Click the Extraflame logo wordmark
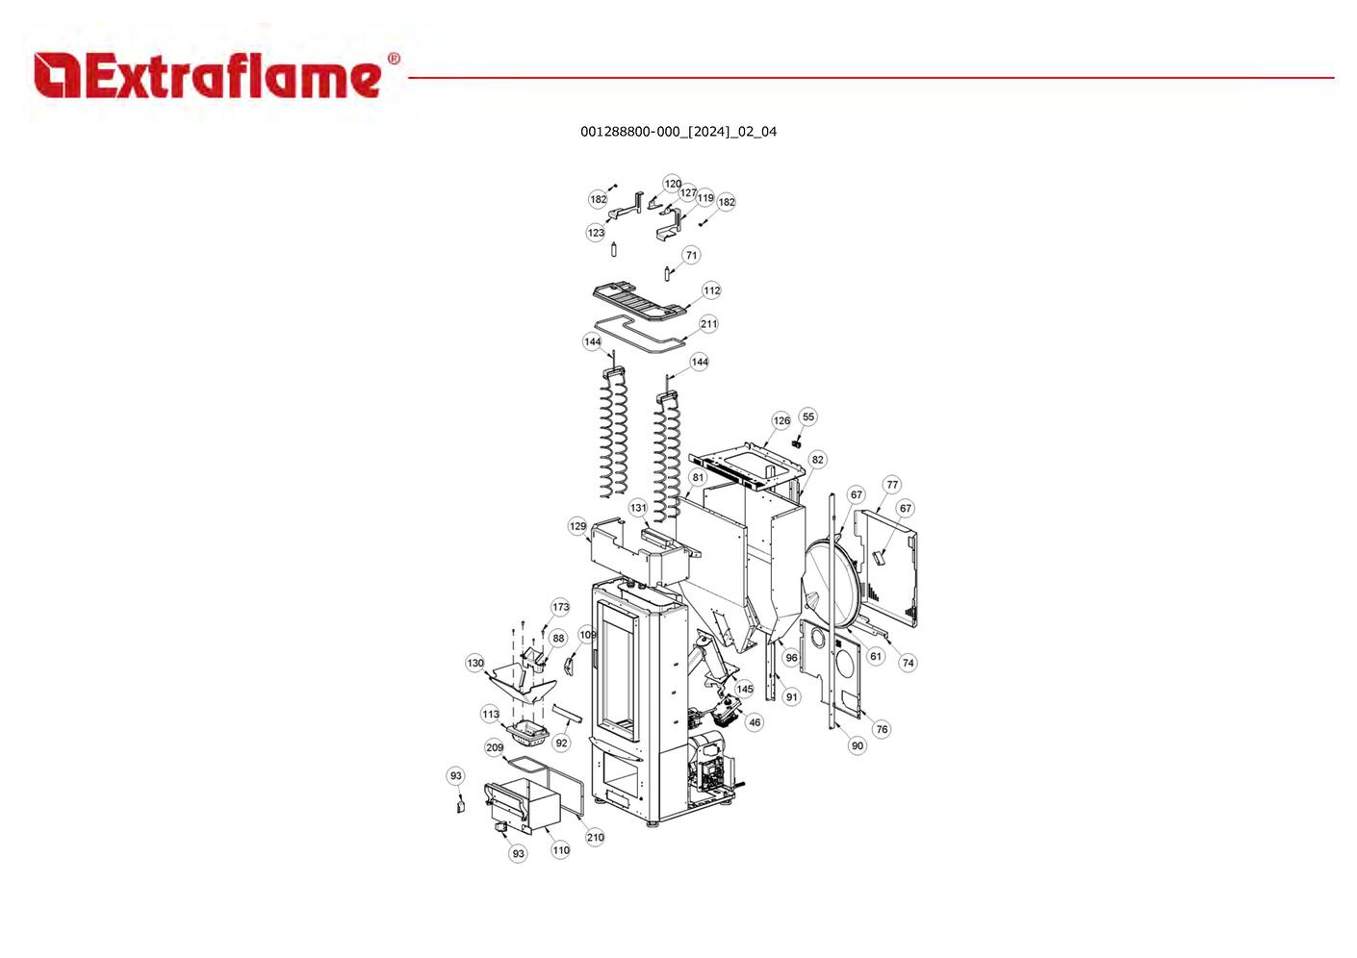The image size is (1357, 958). tap(217, 75)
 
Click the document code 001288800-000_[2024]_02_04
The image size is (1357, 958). tap(678, 132)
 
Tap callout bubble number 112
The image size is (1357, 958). tap(712, 290)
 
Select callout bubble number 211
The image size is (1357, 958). tap(708, 324)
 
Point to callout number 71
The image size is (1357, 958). tap(692, 255)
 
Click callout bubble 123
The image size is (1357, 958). tap(596, 233)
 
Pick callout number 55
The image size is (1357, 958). tap(808, 416)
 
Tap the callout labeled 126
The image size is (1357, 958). tap(781, 420)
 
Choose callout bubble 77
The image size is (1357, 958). tap(892, 485)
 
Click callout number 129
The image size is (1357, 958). tap(578, 526)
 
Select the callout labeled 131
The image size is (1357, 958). tap(638, 508)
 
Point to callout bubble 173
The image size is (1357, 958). tap(560, 607)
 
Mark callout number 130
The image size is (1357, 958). tap(475, 663)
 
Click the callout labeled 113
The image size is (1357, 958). tap(490, 714)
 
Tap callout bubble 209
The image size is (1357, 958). tap(495, 747)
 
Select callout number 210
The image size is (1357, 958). tap(595, 838)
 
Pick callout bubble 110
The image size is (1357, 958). tap(560, 850)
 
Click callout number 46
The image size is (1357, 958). tap(755, 721)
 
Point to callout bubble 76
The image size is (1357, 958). tap(882, 729)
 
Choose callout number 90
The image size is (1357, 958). tap(858, 745)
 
